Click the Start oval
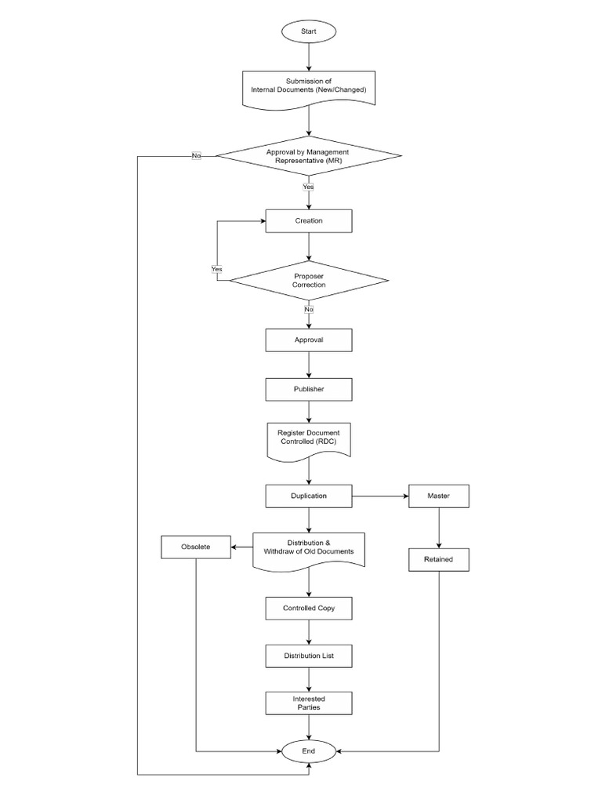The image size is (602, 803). tap(309, 31)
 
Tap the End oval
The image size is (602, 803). tap(309, 750)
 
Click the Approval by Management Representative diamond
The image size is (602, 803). tap(309, 155)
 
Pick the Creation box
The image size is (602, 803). tap(309, 221)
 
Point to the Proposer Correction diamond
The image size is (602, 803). tap(309, 280)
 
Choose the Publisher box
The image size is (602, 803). tap(309, 388)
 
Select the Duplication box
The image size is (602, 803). tap(309, 496)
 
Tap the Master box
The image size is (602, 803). tap(439, 496)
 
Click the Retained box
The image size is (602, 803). tap(439, 560)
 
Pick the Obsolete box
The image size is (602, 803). tap(195, 547)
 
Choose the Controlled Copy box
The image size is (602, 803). tap(309, 608)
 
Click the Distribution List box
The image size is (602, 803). tap(309, 655)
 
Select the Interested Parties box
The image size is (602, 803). tap(309, 703)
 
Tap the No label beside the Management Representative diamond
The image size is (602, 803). tap(196, 155)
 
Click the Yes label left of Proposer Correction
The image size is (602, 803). tap(217, 269)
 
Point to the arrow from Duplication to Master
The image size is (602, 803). tap(380, 496)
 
